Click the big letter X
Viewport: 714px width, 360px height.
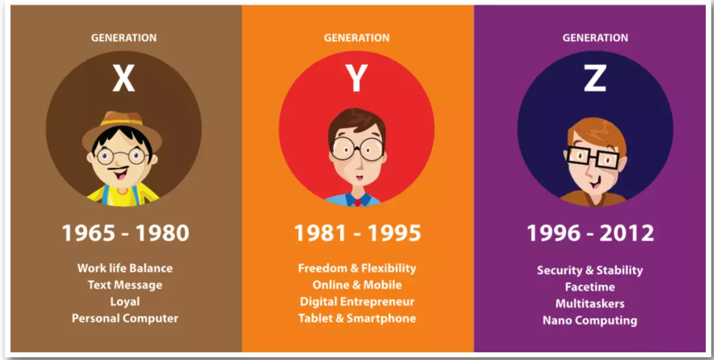(x=124, y=78)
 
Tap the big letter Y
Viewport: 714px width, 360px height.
(x=356, y=78)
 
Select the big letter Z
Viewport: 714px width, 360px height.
(x=595, y=78)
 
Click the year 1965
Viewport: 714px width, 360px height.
(x=89, y=233)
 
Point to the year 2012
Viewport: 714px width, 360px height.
(x=627, y=233)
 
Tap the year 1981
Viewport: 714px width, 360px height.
(x=320, y=233)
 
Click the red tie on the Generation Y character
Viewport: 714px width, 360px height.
(x=358, y=202)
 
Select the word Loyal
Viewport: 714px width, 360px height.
(x=125, y=302)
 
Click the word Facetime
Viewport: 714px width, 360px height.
(x=590, y=287)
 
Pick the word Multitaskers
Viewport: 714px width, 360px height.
(x=590, y=303)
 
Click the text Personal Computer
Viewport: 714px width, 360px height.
(x=125, y=318)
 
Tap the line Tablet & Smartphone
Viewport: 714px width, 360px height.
(x=357, y=318)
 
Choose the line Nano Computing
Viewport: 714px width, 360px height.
(x=590, y=320)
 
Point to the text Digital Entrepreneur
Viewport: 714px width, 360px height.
(x=357, y=302)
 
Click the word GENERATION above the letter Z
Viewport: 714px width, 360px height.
(x=595, y=38)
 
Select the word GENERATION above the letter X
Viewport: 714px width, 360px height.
(x=124, y=38)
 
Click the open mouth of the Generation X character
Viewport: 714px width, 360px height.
(x=120, y=174)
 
